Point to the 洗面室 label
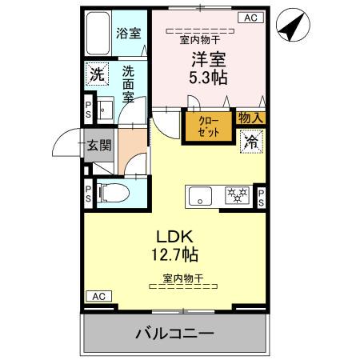[x=128, y=85]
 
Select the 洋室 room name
[x=204, y=60]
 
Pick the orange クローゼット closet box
[x=207, y=126]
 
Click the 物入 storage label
[x=251, y=118]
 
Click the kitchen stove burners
[x=235, y=194]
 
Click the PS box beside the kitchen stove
[x=261, y=198]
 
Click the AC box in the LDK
[x=98, y=296]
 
